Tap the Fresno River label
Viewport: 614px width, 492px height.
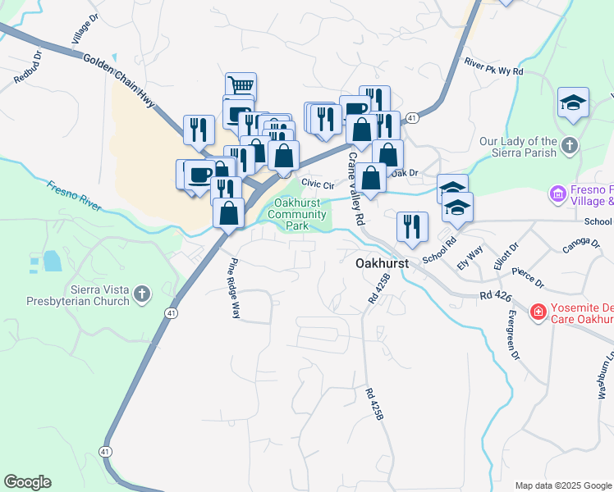tap(74, 196)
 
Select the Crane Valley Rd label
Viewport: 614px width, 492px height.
tap(356, 189)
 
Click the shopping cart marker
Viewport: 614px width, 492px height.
tap(241, 86)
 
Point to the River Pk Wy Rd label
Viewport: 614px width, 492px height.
tap(493, 66)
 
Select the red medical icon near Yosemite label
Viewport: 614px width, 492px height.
tap(538, 312)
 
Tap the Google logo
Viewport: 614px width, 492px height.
tap(27, 482)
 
